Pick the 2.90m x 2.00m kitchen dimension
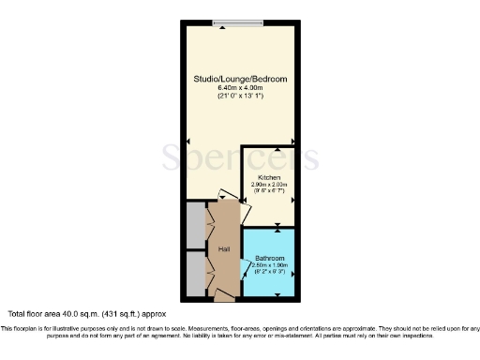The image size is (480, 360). (270, 185)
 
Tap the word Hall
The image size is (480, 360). (224, 249)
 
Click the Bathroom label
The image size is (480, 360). (270, 258)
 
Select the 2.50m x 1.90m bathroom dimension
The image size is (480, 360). (270, 265)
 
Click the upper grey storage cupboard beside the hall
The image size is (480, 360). (194, 225)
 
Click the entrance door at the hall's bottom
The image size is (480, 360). (225, 296)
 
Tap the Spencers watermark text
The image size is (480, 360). (240, 157)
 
